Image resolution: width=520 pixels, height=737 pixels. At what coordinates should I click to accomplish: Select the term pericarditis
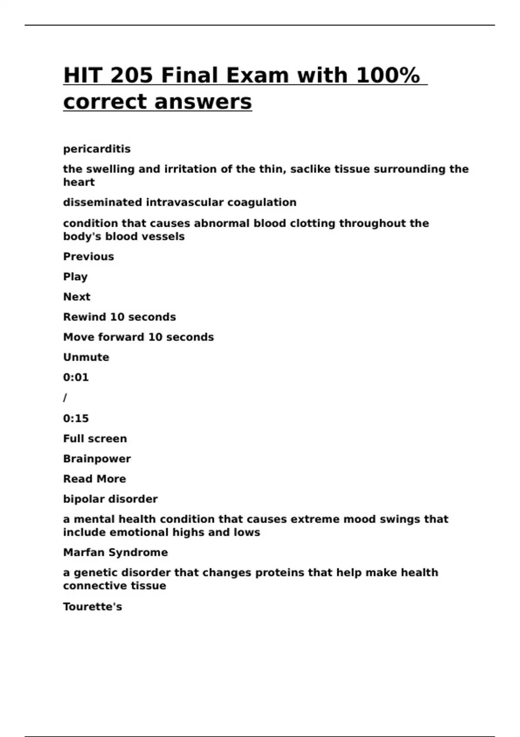click(x=97, y=149)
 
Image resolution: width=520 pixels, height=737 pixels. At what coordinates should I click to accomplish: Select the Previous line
click(x=88, y=257)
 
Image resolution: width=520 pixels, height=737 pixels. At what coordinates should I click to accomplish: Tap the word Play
click(x=75, y=277)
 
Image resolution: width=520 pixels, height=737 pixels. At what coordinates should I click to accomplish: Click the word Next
click(x=77, y=297)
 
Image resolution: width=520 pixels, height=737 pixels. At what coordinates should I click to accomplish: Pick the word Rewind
click(x=84, y=317)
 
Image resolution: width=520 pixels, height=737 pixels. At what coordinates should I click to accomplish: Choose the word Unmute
click(x=86, y=357)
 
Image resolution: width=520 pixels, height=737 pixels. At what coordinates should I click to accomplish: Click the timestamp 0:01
click(x=76, y=378)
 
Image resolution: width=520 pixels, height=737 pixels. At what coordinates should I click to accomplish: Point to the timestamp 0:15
click(x=76, y=418)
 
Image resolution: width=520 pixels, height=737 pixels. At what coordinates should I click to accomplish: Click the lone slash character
click(x=65, y=398)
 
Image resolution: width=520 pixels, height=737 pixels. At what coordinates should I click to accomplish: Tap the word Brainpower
click(x=97, y=459)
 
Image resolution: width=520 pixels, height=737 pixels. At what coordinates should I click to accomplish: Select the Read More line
click(x=94, y=479)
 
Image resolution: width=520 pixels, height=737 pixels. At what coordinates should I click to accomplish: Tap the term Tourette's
click(x=92, y=607)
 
